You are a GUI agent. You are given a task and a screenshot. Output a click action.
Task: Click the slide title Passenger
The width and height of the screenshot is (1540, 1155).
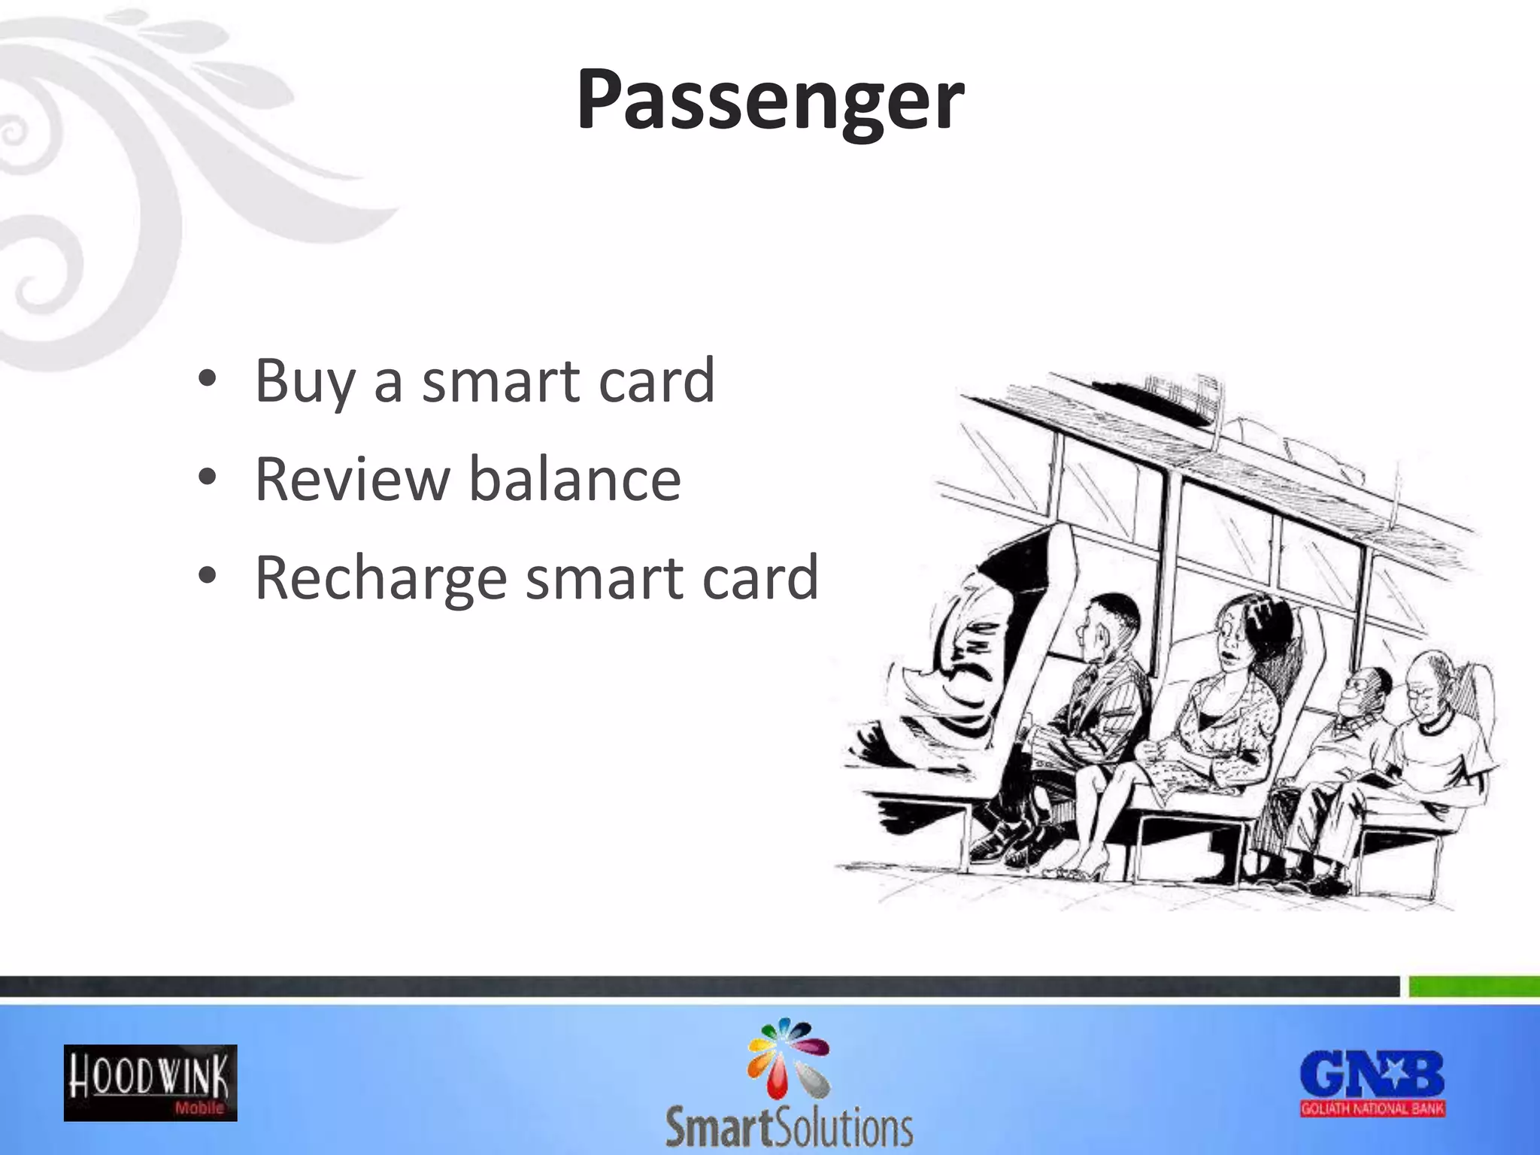[770, 102]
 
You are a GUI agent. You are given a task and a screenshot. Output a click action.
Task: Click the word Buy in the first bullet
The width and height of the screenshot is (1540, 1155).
[304, 382]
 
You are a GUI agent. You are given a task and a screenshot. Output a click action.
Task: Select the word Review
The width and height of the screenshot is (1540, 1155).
[352, 480]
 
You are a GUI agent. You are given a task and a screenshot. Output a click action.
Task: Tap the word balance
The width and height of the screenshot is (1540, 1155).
[574, 480]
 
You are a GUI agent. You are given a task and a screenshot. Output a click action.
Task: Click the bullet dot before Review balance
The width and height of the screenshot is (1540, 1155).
[208, 477]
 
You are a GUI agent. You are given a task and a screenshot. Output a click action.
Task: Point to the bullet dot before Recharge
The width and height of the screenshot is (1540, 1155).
[208, 576]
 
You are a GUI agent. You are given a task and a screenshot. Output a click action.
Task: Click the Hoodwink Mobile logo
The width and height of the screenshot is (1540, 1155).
[150, 1083]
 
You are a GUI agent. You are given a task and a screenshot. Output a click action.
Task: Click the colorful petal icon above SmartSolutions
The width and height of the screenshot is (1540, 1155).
[788, 1057]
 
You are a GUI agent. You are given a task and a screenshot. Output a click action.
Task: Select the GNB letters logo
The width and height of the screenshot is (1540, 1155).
[1372, 1075]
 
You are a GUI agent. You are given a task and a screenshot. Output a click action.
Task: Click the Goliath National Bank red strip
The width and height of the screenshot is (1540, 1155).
[1373, 1108]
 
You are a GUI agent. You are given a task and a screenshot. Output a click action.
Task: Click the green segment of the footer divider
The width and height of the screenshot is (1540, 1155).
[1474, 987]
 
